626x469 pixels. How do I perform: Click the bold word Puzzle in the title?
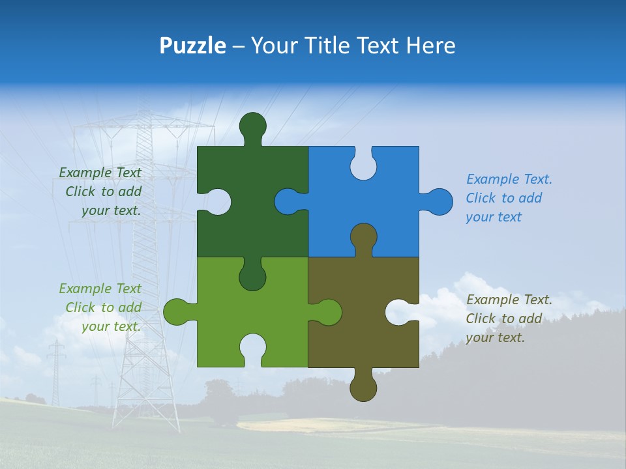(192, 46)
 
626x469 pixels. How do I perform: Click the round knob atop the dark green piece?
(252, 125)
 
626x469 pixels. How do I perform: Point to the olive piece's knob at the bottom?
(363, 388)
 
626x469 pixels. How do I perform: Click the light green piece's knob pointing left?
(177, 312)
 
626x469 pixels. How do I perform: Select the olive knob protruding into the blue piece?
(363, 237)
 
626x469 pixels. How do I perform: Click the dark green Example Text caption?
(100, 192)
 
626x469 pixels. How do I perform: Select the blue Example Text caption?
(509, 198)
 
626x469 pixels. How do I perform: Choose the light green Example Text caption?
(100, 307)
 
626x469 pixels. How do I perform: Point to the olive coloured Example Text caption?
(509, 319)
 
